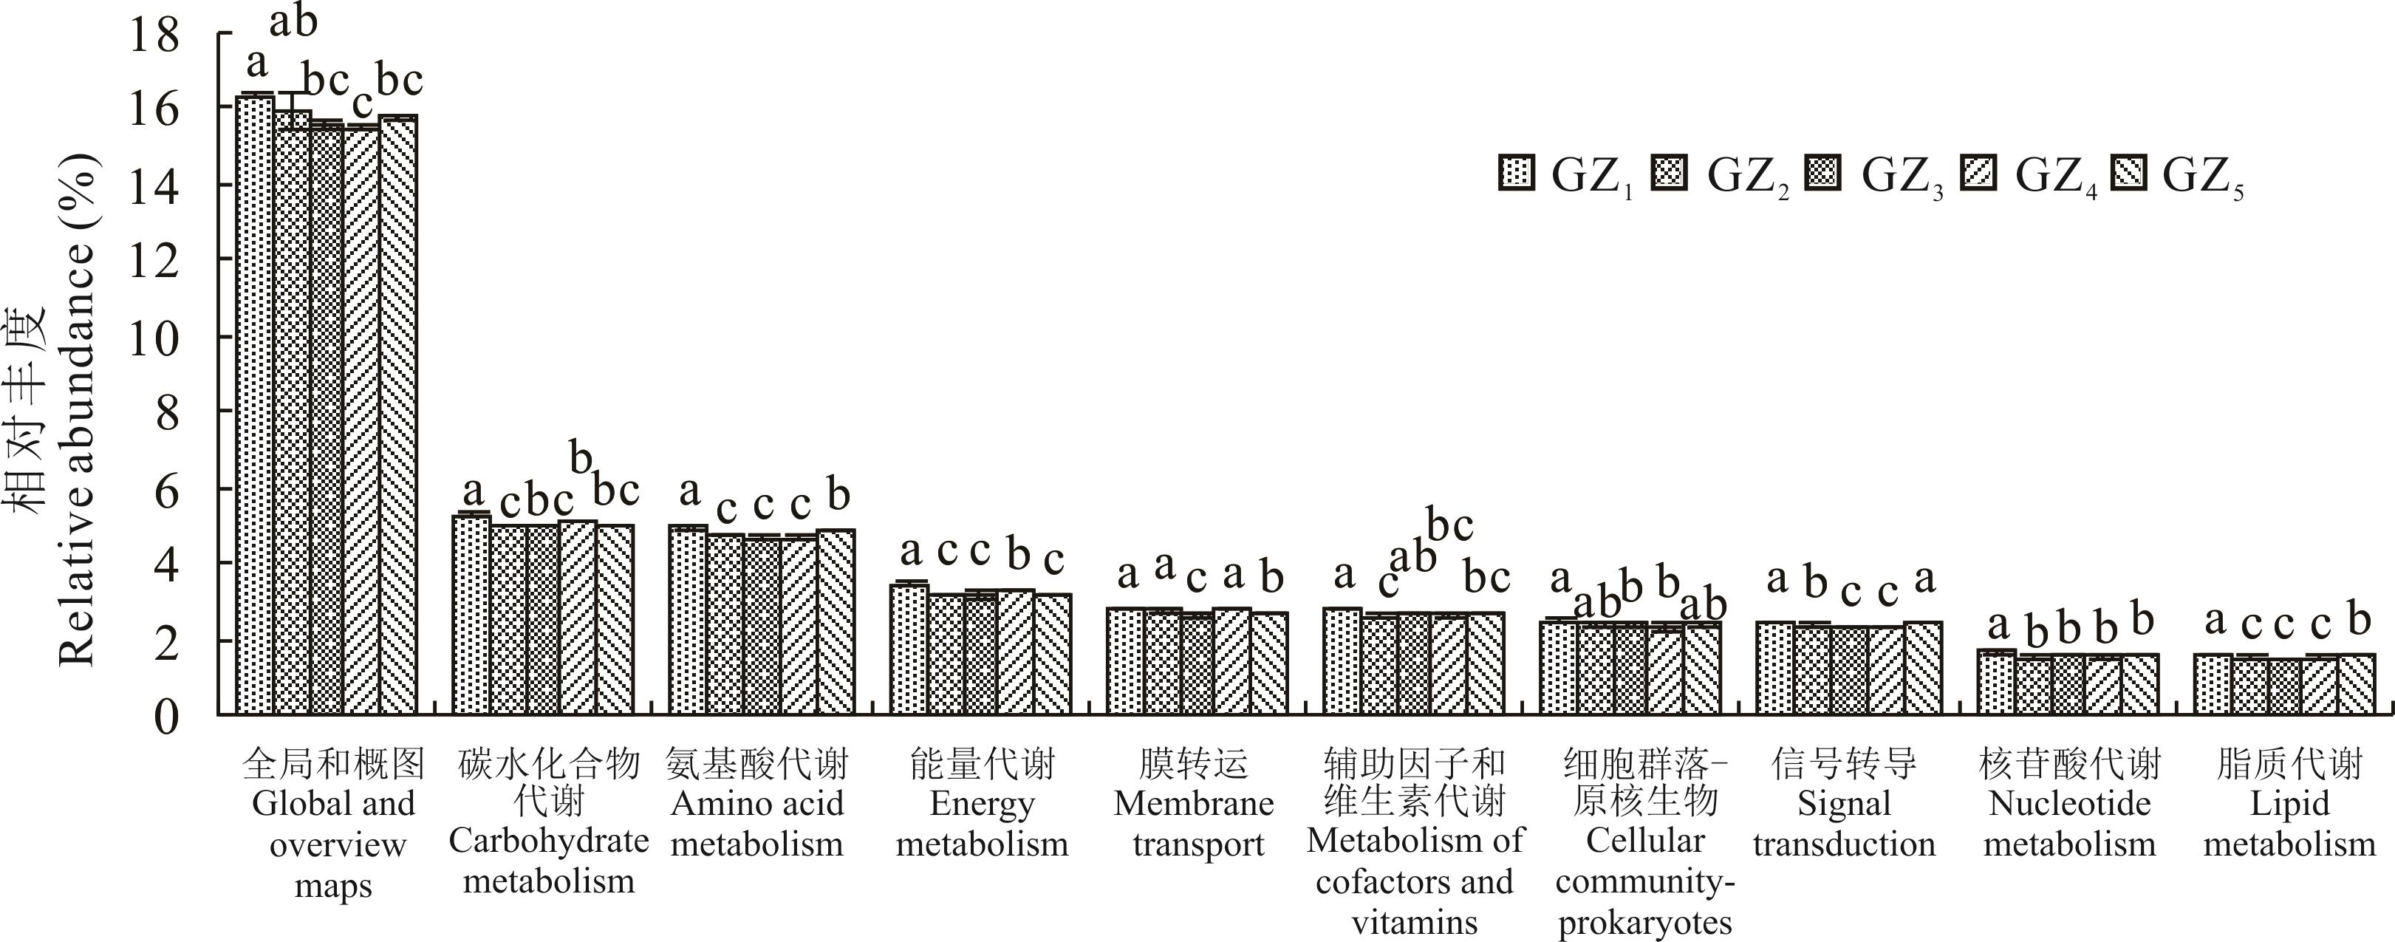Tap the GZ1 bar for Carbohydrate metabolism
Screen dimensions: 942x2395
coord(471,614)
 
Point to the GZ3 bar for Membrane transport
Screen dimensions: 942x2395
coord(1197,664)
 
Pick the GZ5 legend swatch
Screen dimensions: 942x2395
coord(2128,174)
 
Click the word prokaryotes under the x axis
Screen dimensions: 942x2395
coord(1644,923)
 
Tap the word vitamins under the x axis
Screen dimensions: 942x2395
coord(1414,923)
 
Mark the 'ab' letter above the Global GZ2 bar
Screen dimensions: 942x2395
coord(294,21)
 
